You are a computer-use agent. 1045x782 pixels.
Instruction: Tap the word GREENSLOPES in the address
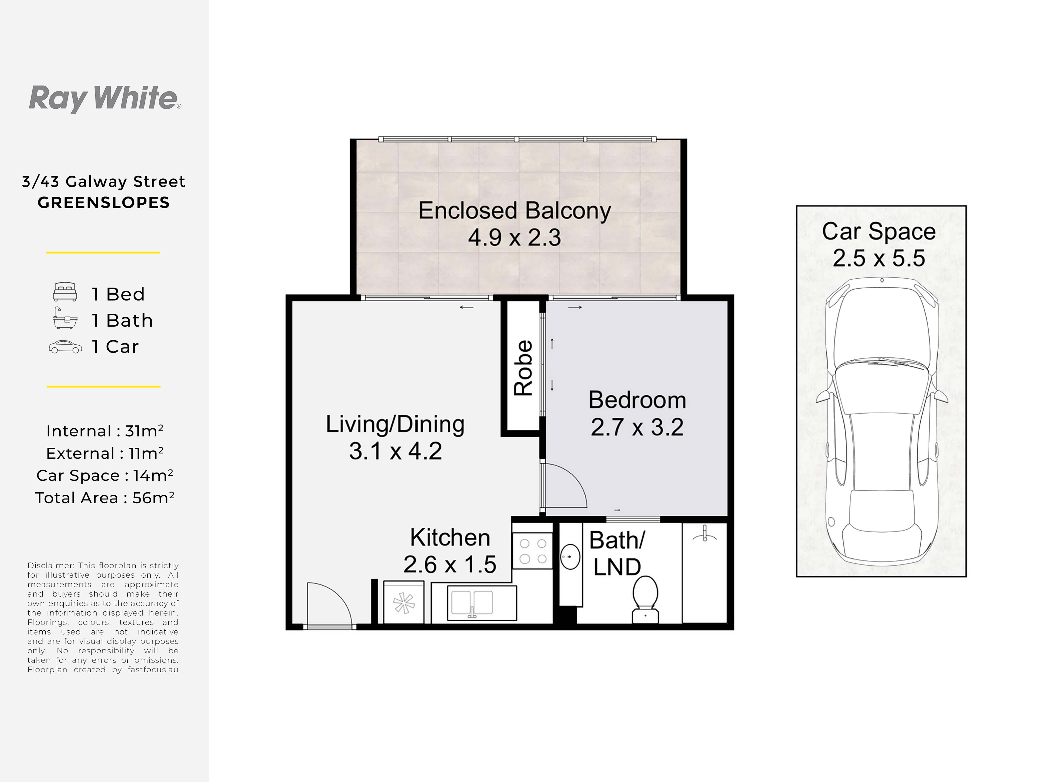tap(103, 203)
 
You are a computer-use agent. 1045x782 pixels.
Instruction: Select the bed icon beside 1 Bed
tap(65, 292)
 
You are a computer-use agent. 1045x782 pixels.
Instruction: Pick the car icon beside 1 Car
tap(65, 347)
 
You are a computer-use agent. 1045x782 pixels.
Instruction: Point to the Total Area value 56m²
tap(153, 498)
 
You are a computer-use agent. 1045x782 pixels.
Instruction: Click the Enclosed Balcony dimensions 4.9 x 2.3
tap(514, 237)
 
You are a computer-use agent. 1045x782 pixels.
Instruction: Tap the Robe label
tap(523, 368)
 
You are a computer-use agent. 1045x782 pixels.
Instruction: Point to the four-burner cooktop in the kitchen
tap(533, 551)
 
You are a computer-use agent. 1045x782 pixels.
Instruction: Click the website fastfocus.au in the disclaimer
tap(153, 670)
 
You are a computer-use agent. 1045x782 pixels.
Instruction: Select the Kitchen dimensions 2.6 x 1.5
tap(450, 564)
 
